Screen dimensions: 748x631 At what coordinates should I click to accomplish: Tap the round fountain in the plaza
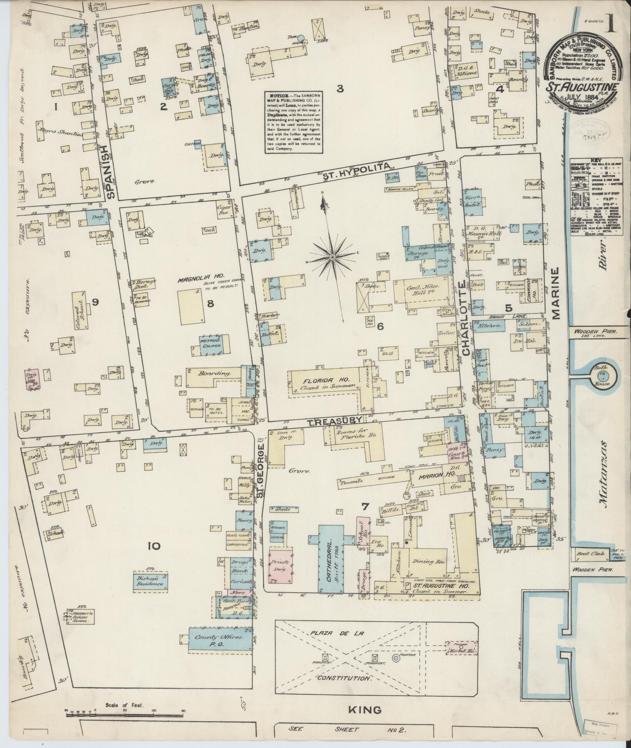point(396,658)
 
